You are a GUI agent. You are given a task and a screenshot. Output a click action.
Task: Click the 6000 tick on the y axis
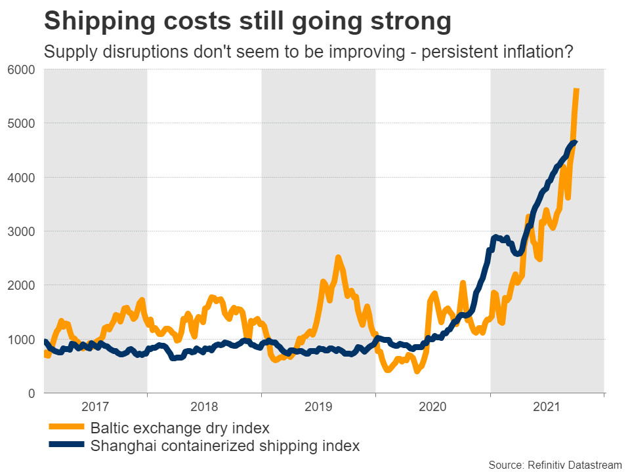[x=22, y=69]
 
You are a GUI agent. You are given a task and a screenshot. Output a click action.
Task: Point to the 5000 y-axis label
[x=22, y=123]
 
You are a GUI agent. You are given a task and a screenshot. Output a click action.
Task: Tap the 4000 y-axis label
[x=22, y=177]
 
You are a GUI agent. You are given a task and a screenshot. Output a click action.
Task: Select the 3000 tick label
[x=22, y=231]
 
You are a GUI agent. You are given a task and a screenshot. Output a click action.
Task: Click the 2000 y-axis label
[x=22, y=285]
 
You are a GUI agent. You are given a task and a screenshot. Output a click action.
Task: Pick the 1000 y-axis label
[x=22, y=339]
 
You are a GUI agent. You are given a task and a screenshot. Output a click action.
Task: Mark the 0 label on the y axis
[x=31, y=393]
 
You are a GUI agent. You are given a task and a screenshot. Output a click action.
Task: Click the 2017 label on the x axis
[x=95, y=407]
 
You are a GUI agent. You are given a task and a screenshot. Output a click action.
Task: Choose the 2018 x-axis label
[x=204, y=407]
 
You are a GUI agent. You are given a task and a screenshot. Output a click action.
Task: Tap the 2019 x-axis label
[x=318, y=407]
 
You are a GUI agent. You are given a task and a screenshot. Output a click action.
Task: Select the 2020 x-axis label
[x=433, y=407]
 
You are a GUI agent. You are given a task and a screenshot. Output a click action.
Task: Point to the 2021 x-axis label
[x=547, y=407]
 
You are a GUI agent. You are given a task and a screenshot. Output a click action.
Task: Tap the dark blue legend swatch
[x=67, y=446]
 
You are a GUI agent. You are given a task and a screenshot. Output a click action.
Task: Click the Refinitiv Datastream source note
[x=555, y=465]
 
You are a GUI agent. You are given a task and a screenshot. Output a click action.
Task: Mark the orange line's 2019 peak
[x=338, y=258]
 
